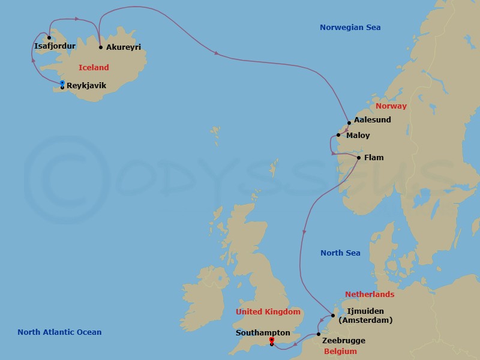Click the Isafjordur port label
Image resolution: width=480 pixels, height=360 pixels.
[55, 45]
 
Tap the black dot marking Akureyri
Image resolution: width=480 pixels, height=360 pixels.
[101, 47]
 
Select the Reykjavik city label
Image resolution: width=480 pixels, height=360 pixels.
[87, 86]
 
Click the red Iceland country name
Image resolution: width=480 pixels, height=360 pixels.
[94, 68]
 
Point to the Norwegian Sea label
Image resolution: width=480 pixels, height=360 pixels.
[350, 28]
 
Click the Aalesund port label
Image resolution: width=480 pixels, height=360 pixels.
[372, 120]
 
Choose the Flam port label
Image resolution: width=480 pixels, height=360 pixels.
[374, 158]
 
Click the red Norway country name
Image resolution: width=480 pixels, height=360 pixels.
[391, 106]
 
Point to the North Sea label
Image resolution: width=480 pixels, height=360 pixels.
[340, 253]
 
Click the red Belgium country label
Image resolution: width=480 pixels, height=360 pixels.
[340, 352]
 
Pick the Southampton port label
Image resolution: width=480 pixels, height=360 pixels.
[263, 332]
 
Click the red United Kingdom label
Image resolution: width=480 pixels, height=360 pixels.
[268, 312]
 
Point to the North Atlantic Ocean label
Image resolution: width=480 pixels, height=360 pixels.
[59, 332]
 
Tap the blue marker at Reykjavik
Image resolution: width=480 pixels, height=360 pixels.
[62, 83]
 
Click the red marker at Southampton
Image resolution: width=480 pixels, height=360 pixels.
[272, 340]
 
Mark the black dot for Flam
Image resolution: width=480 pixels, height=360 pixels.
[359, 158]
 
